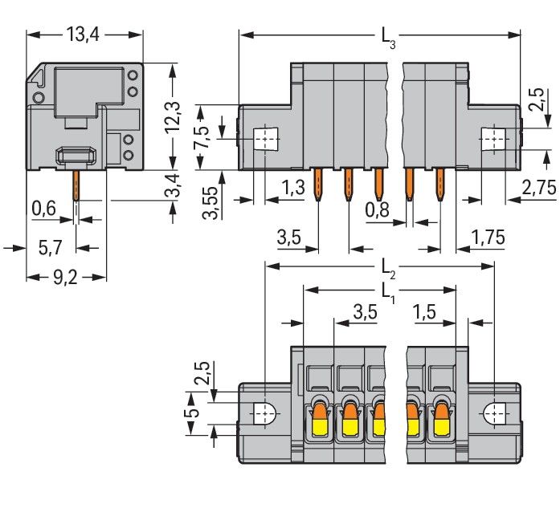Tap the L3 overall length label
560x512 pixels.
(387, 36)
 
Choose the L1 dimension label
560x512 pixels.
(387, 290)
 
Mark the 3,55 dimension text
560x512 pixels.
(211, 205)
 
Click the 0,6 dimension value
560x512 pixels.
(44, 209)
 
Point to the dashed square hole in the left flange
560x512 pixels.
(264, 140)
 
